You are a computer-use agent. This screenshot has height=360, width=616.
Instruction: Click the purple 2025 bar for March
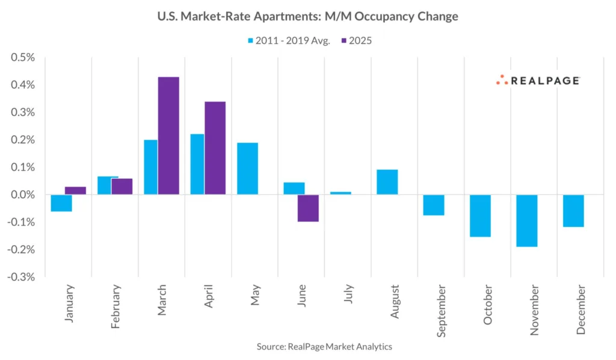coord(168,135)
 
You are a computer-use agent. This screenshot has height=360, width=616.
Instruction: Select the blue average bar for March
coord(150,167)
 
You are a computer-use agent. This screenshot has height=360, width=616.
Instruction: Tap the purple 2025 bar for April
coord(215,148)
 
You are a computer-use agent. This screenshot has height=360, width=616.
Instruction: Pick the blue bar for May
coord(247,169)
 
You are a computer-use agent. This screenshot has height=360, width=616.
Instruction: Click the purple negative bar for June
coord(308,208)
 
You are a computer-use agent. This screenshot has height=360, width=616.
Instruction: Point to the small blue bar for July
coord(340,193)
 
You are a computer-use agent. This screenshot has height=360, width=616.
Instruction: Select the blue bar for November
coord(526,220)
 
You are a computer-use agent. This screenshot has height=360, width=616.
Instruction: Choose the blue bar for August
coord(387,182)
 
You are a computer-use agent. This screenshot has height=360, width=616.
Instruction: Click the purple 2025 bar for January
coord(75,190)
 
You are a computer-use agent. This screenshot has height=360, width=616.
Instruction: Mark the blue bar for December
coord(573,211)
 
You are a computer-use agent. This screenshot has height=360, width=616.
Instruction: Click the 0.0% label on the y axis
coord(23,194)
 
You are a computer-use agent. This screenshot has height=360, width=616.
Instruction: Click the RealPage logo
coord(537,80)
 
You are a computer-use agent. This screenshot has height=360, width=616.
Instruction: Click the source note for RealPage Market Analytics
coord(324,347)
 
